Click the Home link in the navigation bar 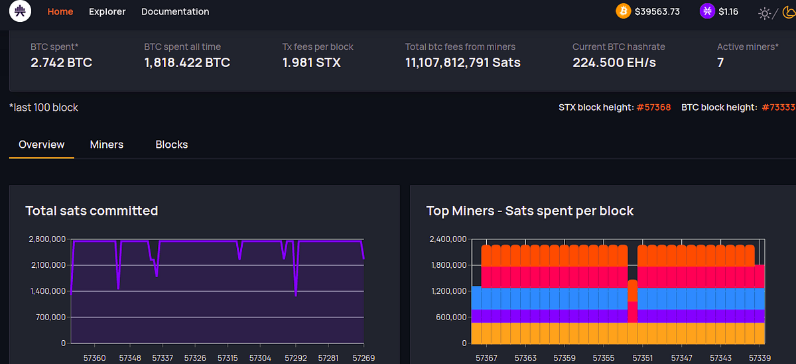pyautogui.click(x=60, y=12)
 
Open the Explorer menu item pyautogui.click(x=107, y=12)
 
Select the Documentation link pyautogui.click(x=175, y=12)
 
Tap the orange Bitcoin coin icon pyautogui.click(x=624, y=11)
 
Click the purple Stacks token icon pyautogui.click(x=707, y=11)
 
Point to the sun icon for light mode pyautogui.click(x=764, y=14)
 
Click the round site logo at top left pyautogui.click(x=20, y=11)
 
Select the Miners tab pyautogui.click(x=107, y=145)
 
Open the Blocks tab pyautogui.click(x=172, y=145)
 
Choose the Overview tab pyautogui.click(x=42, y=145)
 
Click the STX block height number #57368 pyautogui.click(x=653, y=107)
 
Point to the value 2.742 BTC pyautogui.click(x=62, y=62)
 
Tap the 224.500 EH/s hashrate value pyautogui.click(x=614, y=62)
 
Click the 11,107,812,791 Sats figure pyautogui.click(x=463, y=62)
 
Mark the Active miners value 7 pyautogui.click(x=720, y=62)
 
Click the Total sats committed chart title pyautogui.click(x=92, y=211)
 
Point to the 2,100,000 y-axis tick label pyautogui.click(x=48, y=265)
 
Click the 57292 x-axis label pyautogui.click(x=296, y=358)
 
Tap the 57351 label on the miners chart pyautogui.click(x=643, y=358)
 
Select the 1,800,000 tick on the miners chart pyautogui.click(x=449, y=265)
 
